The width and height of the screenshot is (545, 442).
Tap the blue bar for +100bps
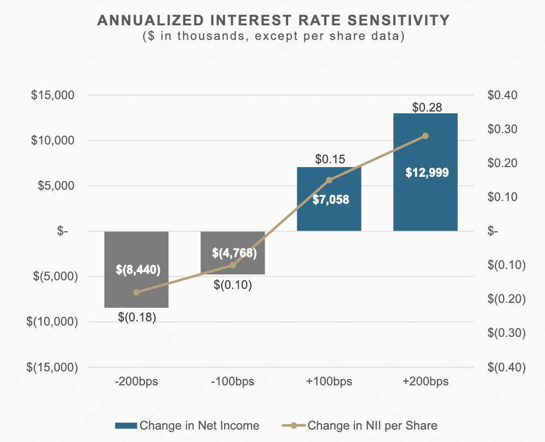click(329, 216)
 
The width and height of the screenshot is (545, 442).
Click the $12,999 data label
click(425, 173)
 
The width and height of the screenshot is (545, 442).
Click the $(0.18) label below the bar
click(137, 317)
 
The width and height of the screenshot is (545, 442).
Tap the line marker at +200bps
click(425, 136)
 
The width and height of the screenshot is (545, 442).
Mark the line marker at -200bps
click(136, 292)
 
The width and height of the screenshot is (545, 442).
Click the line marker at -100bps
click(233, 265)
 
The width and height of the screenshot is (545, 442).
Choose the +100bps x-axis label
click(329, 382)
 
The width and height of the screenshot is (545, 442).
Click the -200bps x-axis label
click(136, 382)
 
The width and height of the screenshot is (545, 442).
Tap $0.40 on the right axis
click(502, 95)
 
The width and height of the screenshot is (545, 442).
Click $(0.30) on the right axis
click(506, 333)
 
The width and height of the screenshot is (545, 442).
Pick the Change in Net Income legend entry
click(187, 425)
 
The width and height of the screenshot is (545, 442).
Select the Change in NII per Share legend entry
click(360, 425)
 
